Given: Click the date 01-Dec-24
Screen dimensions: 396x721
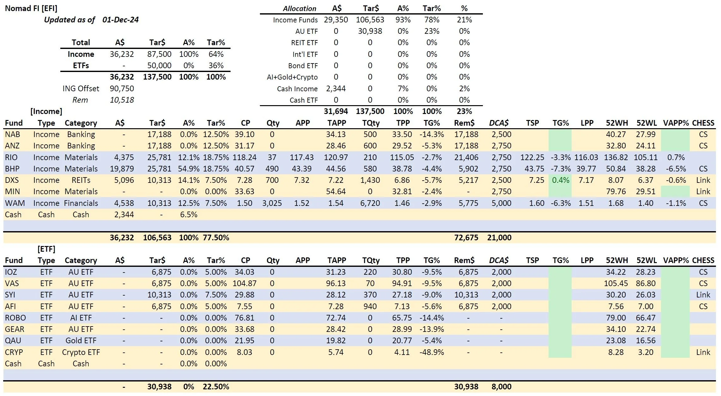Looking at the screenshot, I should (x=120, y=20).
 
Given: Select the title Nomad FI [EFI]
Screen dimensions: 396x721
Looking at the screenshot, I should (x=31, y=8).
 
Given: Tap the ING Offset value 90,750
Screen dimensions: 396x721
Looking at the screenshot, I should (x=122, y=88).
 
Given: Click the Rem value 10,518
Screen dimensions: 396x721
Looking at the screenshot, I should (x=122, y=100).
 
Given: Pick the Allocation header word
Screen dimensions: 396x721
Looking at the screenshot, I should (x=299, y=9).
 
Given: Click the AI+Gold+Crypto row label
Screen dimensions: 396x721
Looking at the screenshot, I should (x=292, y=77).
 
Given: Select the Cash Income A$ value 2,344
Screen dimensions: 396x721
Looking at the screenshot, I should (x=336, y=88).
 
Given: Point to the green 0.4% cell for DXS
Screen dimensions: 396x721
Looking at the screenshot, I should (x=560, y=180).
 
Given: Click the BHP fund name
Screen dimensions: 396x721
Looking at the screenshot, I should (x=12, y=169).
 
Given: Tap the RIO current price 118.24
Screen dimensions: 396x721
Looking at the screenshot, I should (x=244, y=157).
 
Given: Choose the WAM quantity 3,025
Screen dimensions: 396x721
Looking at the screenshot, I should (x=272, y=203).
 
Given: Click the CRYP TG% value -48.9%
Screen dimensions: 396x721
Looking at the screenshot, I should (x=431, y=352).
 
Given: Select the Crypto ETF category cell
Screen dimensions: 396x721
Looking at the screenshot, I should (x=81, y=352).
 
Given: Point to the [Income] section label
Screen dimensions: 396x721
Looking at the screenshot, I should (x=46, y=111).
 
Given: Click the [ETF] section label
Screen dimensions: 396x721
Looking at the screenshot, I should (x=46, y=249).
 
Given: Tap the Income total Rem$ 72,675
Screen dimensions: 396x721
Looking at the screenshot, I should (x=466, y=237).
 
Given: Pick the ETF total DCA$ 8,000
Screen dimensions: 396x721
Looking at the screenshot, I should (x=501, y=387).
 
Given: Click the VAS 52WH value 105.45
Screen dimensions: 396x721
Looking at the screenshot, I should (x=616, y=283).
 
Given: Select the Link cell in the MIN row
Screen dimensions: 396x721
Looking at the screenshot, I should (x=703, y=191).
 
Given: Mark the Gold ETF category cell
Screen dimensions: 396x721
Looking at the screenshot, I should (x=81, y=340).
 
